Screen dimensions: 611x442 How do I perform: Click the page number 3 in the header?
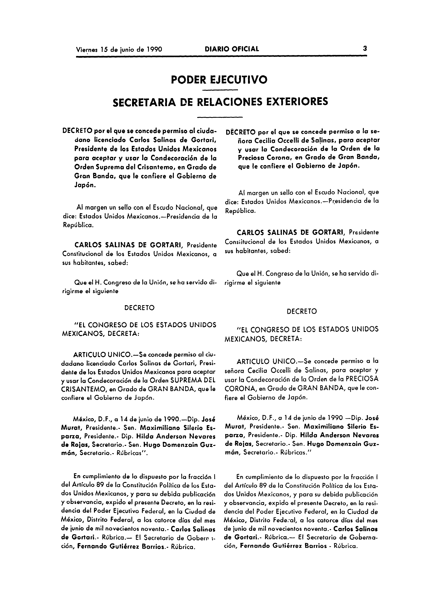(x=365, y=49)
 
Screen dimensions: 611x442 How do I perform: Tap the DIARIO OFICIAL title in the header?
(x=232, y=49)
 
